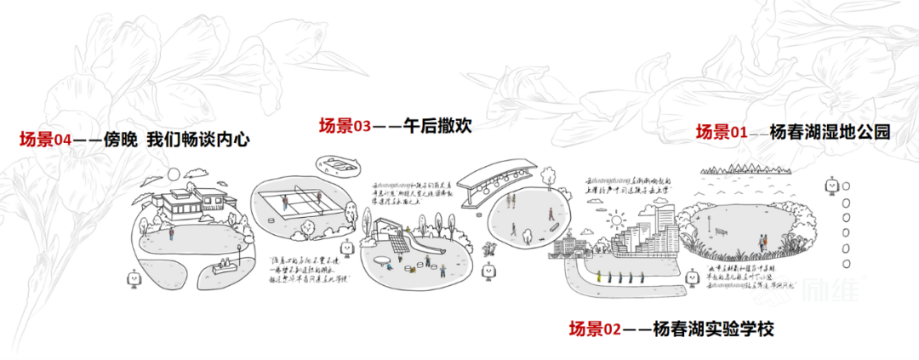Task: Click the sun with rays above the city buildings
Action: coord(614,220)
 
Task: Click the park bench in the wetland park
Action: coord(722,231)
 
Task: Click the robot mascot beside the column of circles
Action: coord(827,186)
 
